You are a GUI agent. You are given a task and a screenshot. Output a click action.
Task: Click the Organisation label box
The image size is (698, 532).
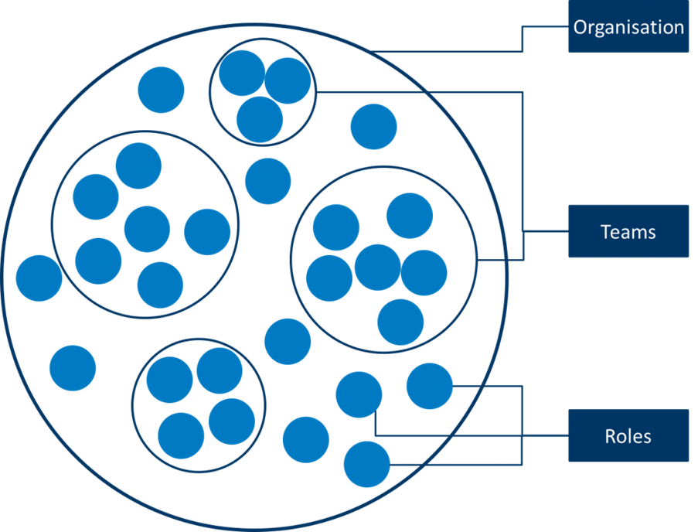[x=628, y=27]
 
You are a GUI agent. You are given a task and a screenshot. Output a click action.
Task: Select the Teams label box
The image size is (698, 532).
[x=628, y=231]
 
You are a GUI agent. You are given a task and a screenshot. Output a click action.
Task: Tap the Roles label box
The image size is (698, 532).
[x=628, y=435]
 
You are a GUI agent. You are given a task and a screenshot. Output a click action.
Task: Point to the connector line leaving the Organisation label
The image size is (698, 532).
[x=523, y=39]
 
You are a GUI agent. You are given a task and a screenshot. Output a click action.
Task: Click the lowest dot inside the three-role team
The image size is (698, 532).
[x=260, y=120]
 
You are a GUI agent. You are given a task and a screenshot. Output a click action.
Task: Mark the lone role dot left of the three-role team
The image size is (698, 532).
[x=161, y=90]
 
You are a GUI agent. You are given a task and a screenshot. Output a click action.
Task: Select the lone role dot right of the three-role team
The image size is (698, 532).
[x=373, y=127]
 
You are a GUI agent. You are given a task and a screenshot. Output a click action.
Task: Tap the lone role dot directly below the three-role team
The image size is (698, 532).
[x=267, y=182]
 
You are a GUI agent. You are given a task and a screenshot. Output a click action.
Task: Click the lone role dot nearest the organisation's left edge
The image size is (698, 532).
[x=39, y=278]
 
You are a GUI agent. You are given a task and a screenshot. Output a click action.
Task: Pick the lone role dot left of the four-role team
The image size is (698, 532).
[x=73, y=368]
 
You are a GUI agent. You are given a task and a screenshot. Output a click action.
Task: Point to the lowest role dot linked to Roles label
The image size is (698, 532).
[x=366, y=464]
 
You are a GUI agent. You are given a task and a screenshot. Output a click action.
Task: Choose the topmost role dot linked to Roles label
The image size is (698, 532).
[x=429, y=386]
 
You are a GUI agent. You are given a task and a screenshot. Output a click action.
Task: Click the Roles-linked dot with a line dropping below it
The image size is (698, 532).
[x=359, y=394]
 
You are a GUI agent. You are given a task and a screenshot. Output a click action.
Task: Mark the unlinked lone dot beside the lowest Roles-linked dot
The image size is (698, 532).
[x=305, y=439]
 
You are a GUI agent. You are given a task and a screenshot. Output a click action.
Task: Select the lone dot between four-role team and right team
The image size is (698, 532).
[x=288, y=341]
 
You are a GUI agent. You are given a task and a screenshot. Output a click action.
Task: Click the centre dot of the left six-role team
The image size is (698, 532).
[x=147, y=230]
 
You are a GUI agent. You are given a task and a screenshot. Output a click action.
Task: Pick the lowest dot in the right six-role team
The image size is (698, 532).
[x=400, y=322]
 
